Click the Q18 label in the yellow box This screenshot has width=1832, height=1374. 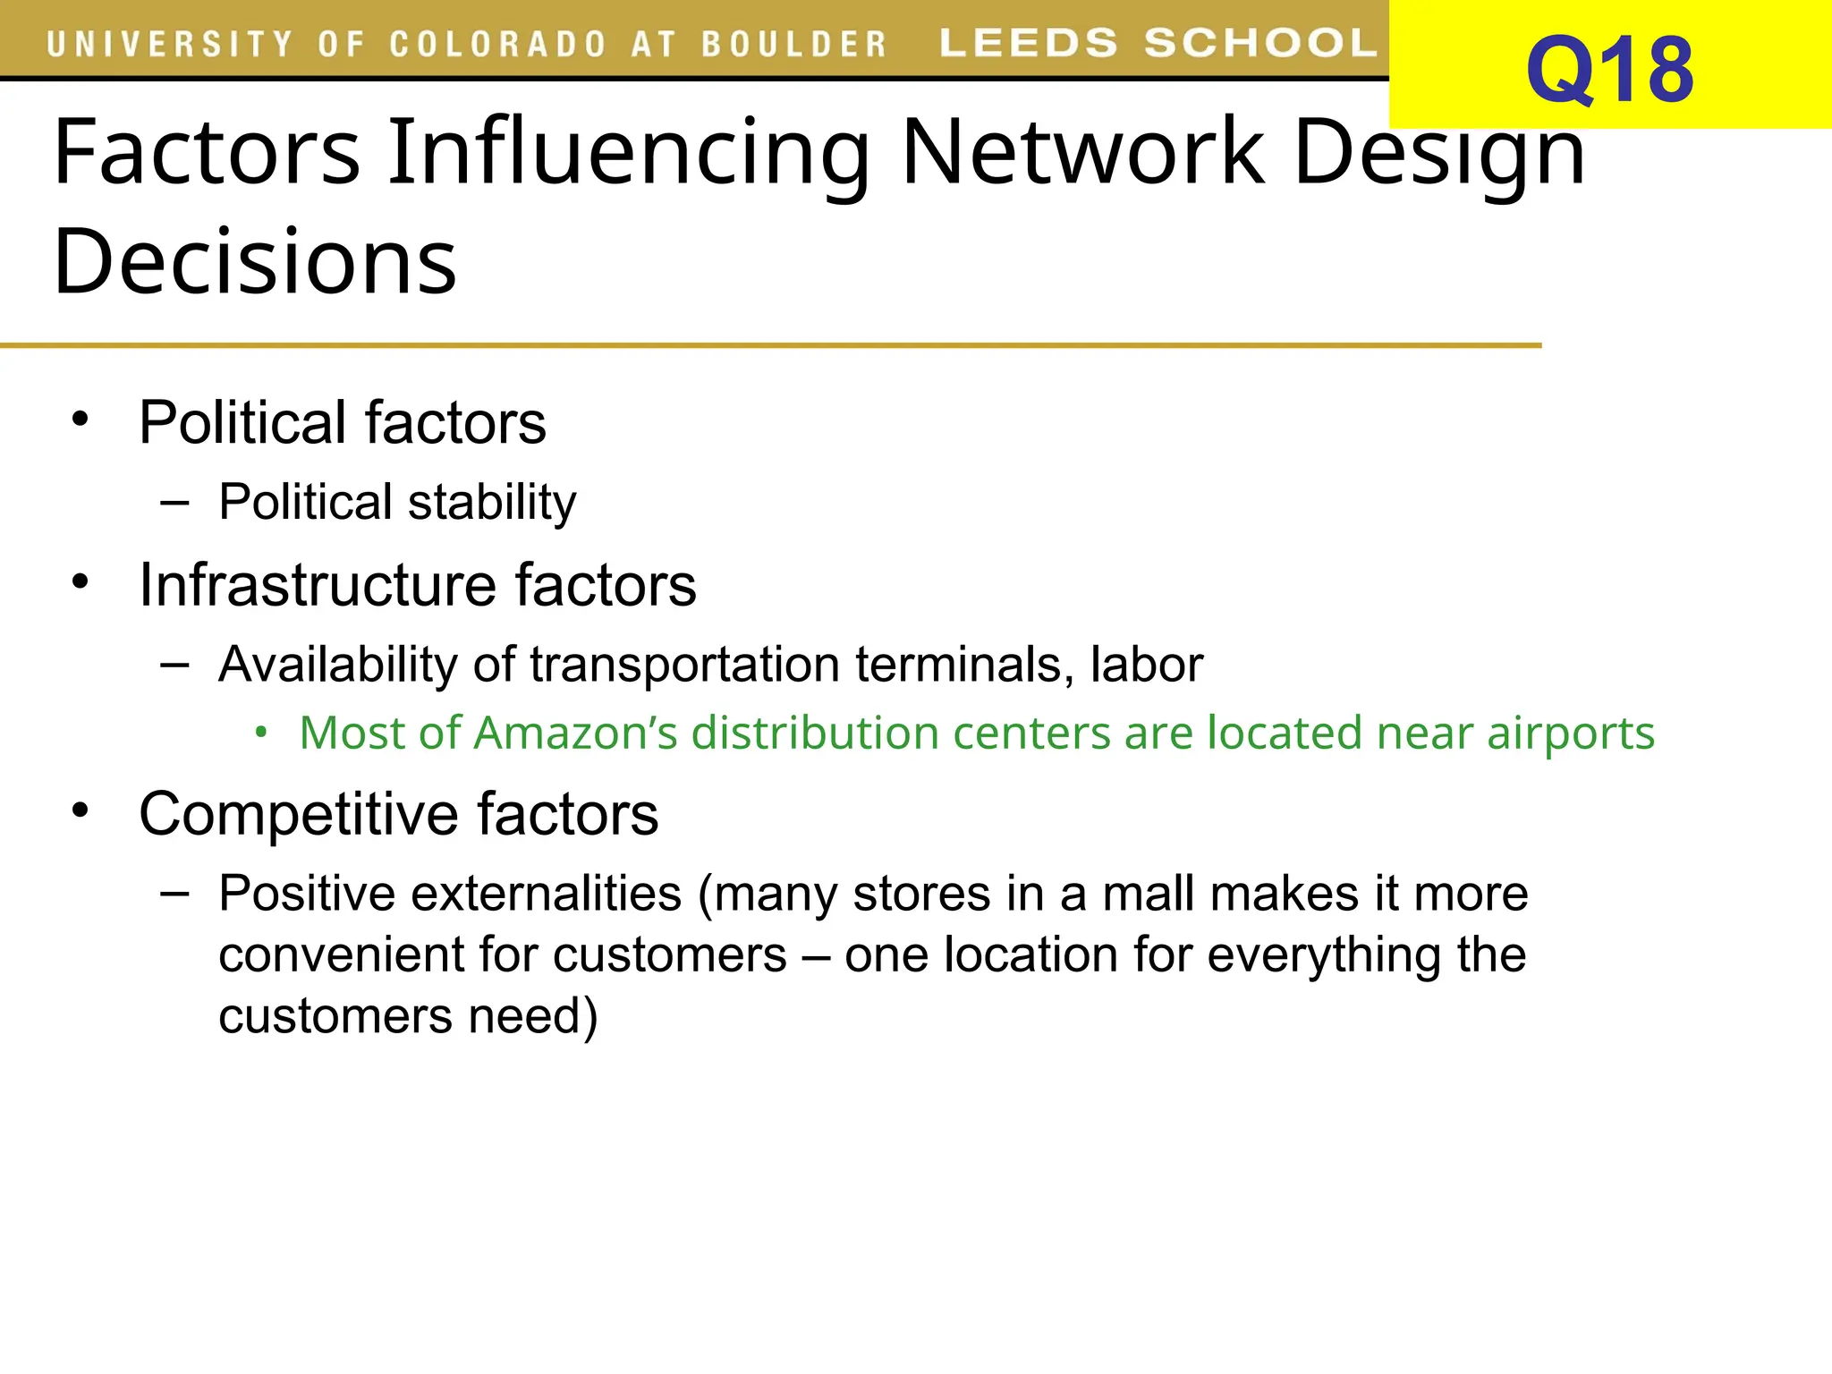point(1608,70)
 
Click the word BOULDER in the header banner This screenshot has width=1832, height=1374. point(793,44)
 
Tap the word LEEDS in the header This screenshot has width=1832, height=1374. point(1028,42)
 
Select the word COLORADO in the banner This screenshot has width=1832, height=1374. point(498,44)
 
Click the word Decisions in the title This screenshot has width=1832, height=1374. point(255,261)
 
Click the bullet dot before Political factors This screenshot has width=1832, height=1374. point(81,419)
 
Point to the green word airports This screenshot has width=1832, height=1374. point(1570,734)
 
